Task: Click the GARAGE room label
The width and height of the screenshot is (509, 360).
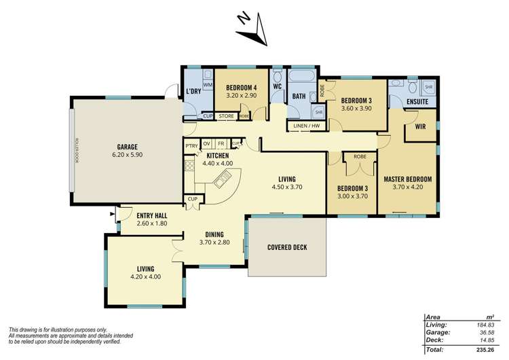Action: point(127,147)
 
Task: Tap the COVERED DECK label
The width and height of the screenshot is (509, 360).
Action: point(286,247)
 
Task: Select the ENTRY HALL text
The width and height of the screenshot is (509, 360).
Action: point(152,215)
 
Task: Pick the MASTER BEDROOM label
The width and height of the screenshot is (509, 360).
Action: point(407,179)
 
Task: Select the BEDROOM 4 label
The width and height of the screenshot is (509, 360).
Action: point(242,88)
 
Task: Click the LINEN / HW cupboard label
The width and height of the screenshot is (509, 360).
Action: point(306,126)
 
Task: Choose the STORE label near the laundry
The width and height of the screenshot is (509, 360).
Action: point(227,116)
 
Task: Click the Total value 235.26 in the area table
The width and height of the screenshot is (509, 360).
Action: point(483,350)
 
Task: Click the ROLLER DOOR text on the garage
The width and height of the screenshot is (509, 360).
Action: point(78,151)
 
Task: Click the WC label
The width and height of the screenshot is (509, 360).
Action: point(277,88)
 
